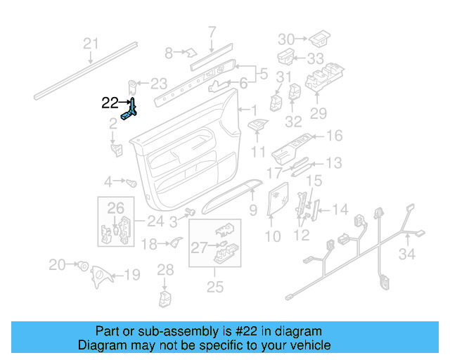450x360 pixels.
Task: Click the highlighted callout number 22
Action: pos(110,103)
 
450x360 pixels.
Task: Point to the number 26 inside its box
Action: pos(115,207)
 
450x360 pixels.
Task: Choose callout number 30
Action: pos(286,38)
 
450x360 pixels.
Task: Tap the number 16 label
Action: pos(334,135)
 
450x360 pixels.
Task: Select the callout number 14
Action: pos(340,209)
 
